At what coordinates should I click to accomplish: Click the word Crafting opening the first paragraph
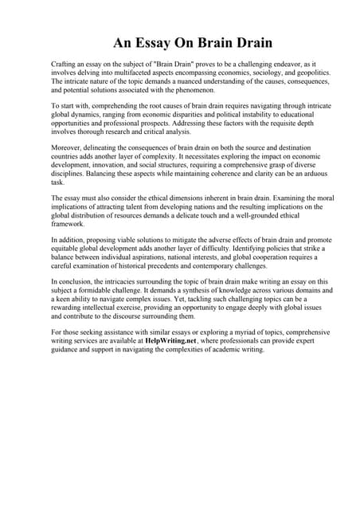click(66, 63)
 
